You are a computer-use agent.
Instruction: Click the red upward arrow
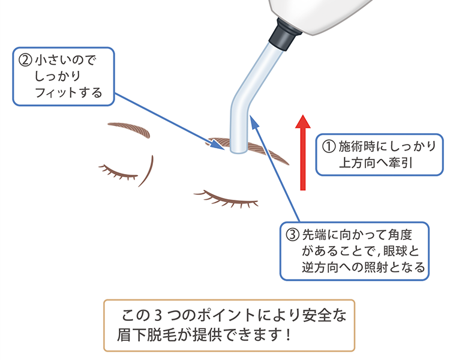pos(304,152)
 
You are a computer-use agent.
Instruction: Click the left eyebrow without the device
pos(127,128)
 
